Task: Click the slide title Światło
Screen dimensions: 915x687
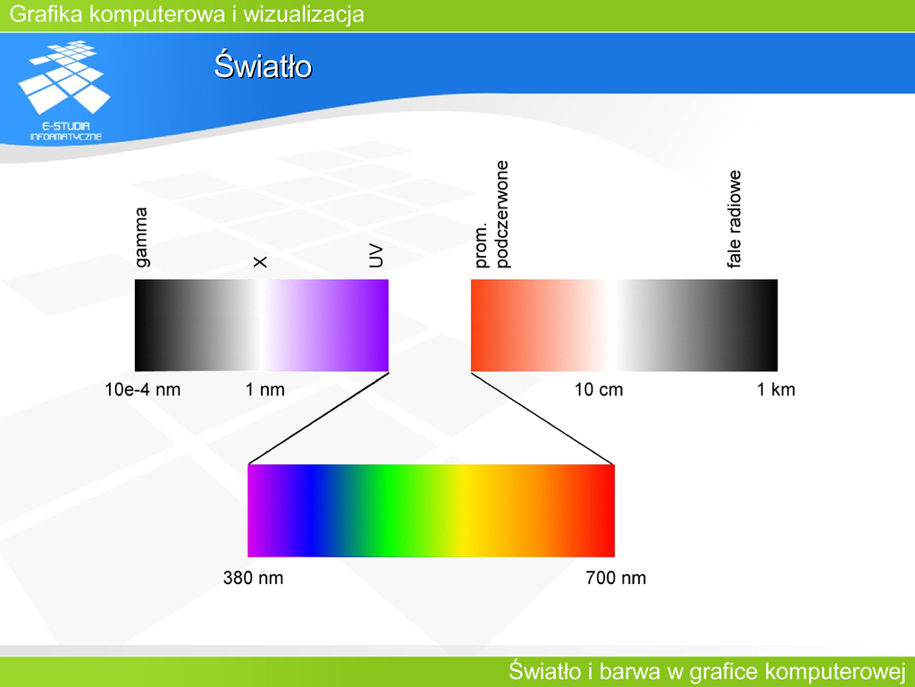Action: click(264, 65)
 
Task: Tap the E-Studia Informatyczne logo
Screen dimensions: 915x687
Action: click(65, 90)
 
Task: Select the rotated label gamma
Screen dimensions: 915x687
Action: click(141, 237)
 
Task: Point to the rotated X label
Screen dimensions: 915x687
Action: click(260, 262)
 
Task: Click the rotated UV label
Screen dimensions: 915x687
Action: click(377, 256)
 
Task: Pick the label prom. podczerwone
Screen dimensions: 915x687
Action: click(492, 215)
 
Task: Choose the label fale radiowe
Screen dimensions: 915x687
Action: click(735, 219)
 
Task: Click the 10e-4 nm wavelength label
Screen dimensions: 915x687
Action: click(142, 390)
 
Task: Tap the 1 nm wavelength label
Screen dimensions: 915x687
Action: click(264, 390)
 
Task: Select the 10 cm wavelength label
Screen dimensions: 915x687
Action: click(599, 390)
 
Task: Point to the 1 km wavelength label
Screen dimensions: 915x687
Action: click(776, 390)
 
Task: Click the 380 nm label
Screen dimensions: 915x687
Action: click(253, 578)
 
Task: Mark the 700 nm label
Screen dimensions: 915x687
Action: click(616, 578)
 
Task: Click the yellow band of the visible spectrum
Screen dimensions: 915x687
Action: click(464, 511)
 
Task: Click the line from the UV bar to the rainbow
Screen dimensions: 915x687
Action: click(319, 419)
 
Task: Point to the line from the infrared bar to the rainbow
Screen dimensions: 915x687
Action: click(542, 419)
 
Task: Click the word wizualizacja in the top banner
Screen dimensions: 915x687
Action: click(304, 14)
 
